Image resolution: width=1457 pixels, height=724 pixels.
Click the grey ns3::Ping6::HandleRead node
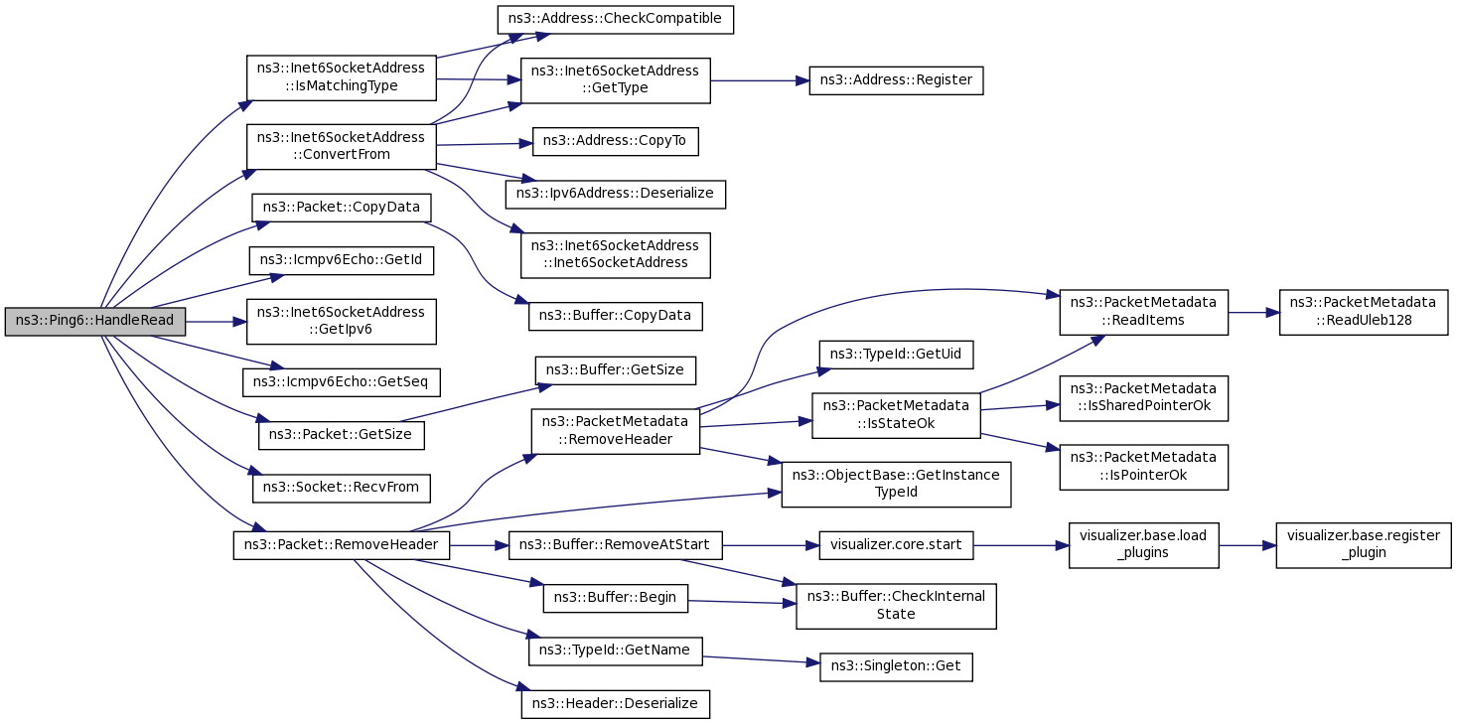[x=93, y=321]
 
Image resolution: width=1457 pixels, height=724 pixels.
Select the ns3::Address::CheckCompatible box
[x=615, y=19]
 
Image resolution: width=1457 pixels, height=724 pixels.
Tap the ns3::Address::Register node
[x=896, y=79]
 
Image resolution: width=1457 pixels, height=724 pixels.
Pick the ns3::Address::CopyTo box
[x=615, y=142]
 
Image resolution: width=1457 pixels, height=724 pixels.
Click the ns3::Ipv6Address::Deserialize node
[x=615, y=193]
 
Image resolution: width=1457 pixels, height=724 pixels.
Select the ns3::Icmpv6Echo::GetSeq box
[x=341, y=380]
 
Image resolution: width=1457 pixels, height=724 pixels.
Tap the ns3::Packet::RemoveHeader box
[x=342, y=544]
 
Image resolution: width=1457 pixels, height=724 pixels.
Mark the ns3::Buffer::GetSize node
[x=616, y=369]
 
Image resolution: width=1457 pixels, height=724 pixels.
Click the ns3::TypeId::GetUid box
[x=896, y=354]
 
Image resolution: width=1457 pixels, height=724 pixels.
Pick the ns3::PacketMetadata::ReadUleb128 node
[x=1364, y=312]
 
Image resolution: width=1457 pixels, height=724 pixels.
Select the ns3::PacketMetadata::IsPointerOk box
[x=1143, y=467]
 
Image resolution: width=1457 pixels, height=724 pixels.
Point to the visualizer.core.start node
[x=896, y=544]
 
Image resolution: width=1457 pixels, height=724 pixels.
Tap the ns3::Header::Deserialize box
[x=616, y=703]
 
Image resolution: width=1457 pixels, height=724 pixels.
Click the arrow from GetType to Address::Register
[x=760, y=80]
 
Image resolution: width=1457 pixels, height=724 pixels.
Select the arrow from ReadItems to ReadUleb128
[x=1254, y=312]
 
